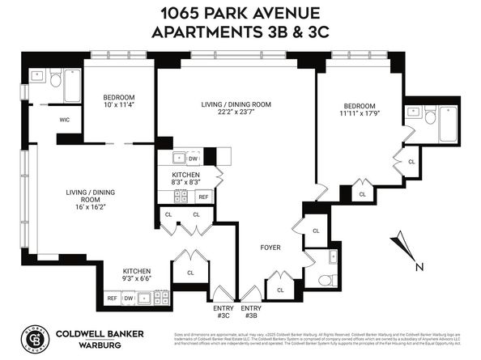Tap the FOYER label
(270, 247)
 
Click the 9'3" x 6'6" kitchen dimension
(137, 278)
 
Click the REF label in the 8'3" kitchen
(203, 197)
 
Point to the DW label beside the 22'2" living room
(193, 159)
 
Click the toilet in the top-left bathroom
(54, 78)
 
